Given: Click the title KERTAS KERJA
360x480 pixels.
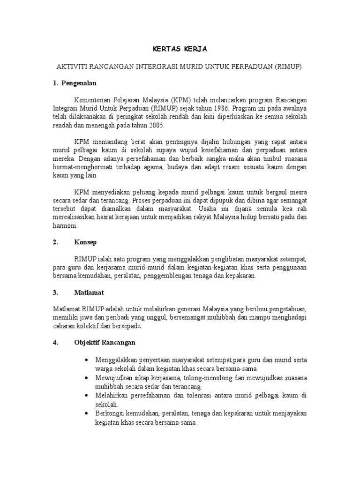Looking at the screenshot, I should pyautogui.click(x=180, y=49).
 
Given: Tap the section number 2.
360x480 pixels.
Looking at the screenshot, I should pyautogui.click(x=55, y=242).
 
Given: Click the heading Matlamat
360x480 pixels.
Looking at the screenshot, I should pyautogui.click(x=89, y=292).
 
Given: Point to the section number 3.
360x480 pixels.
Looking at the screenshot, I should pyautogui.click(x=55, y=292).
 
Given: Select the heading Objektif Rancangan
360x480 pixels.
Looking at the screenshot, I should pyautogui.click(x=105, y=342).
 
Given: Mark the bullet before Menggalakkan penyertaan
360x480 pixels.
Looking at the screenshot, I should pyautogui.click(x=86, y=360).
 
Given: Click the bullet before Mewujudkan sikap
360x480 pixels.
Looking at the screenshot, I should pyautogui.click(x=86, y=377).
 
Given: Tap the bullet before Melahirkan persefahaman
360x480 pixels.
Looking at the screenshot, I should pyautogui.click(x=86, y=396).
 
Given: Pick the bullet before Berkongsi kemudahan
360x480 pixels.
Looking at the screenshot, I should pyautogui.click(x=86, y=413).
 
